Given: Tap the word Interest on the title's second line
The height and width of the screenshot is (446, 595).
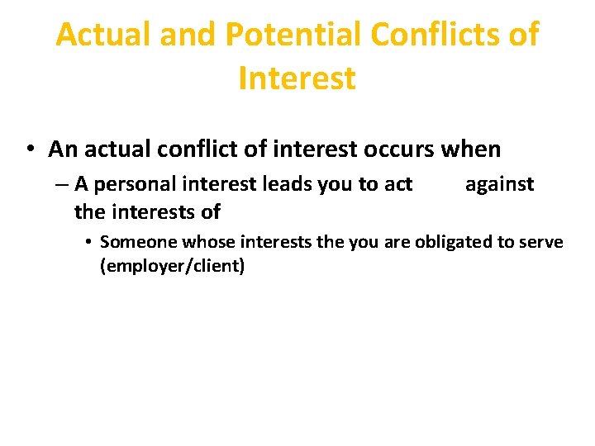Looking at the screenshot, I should (297, 78).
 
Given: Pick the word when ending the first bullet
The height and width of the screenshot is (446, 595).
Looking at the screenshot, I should (470, 149).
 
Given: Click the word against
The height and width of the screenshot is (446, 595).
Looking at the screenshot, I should (499, 184).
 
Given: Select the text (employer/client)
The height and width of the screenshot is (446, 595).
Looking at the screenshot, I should (172, 268).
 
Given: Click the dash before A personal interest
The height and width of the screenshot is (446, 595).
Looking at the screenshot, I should (63, 184).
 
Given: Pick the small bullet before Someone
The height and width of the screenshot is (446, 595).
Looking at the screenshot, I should (88, 243).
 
